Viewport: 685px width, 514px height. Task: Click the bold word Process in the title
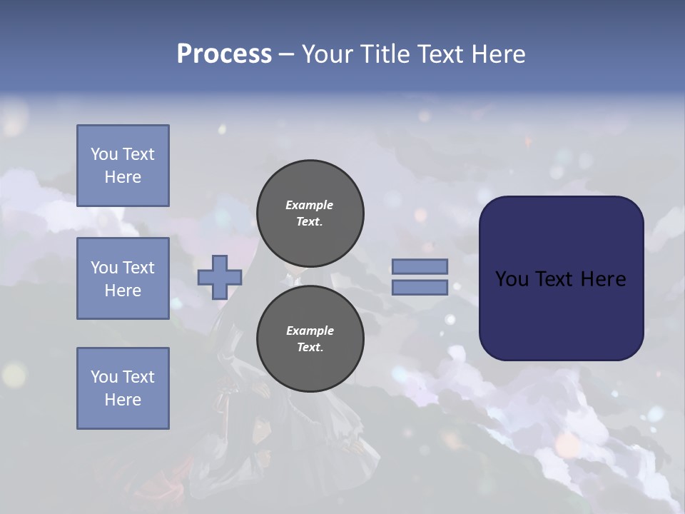click(224, 54)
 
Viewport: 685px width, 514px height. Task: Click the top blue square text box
click(123, 166)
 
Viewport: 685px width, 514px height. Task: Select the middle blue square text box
click(123, 278)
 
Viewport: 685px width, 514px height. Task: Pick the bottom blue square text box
click(123, 388)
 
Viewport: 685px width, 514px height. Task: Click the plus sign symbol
click(220, 277)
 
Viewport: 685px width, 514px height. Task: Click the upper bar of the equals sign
click(420, 267)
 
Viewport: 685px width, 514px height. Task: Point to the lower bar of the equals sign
click(420, 288)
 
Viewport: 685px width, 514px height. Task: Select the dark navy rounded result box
click(561, 278)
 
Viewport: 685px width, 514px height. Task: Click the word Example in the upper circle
click(310, 205)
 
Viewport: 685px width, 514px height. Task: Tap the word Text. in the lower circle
click(310, 348)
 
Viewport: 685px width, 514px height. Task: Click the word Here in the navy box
click(603, 279)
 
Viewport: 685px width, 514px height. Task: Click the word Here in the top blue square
click(123, 177)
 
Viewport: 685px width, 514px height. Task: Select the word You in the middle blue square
click(103, 268)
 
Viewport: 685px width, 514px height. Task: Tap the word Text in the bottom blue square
click(138, 377)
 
